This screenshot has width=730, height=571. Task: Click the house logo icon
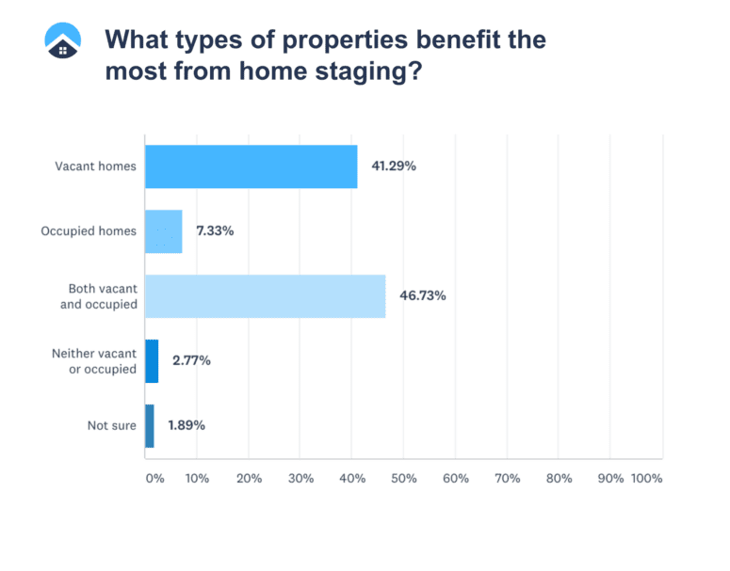(63, 40)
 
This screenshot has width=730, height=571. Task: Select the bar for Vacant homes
(251, 167)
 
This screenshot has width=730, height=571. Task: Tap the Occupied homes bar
(163, 231)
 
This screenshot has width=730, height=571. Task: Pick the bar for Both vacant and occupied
(265, 296)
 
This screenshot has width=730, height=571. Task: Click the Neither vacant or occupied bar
(152, 361)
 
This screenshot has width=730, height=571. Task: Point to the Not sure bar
(150, 425)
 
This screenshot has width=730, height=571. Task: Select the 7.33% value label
(215, 231)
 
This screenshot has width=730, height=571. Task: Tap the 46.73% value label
(422, 296)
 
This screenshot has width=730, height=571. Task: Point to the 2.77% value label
(191, 361)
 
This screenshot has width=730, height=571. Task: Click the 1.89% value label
(187, 425)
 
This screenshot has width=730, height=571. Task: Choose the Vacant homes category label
(95, 167)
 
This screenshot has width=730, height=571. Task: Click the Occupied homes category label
(89, 231)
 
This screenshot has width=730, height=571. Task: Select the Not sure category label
(111, 425)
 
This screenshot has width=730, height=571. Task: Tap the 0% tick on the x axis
(154, 478)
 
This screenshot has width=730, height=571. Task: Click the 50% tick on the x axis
(403, 478)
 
